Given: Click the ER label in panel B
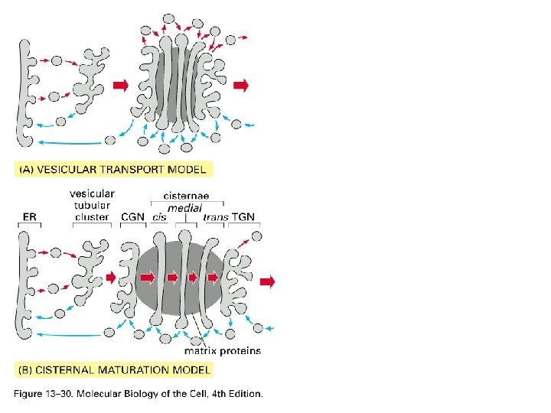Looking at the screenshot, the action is tap(30, 218).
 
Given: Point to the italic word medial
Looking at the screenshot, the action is tap(184, 207).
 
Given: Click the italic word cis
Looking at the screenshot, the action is tap(160, 218).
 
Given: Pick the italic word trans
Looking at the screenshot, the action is tap(216, 218).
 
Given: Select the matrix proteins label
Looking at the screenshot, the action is tap(223, 352).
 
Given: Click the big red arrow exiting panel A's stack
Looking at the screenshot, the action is tap(241, 85).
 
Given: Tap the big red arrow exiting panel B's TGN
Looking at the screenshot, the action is tap(266, 282).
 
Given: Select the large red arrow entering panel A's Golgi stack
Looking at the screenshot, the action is tap(120, 85).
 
